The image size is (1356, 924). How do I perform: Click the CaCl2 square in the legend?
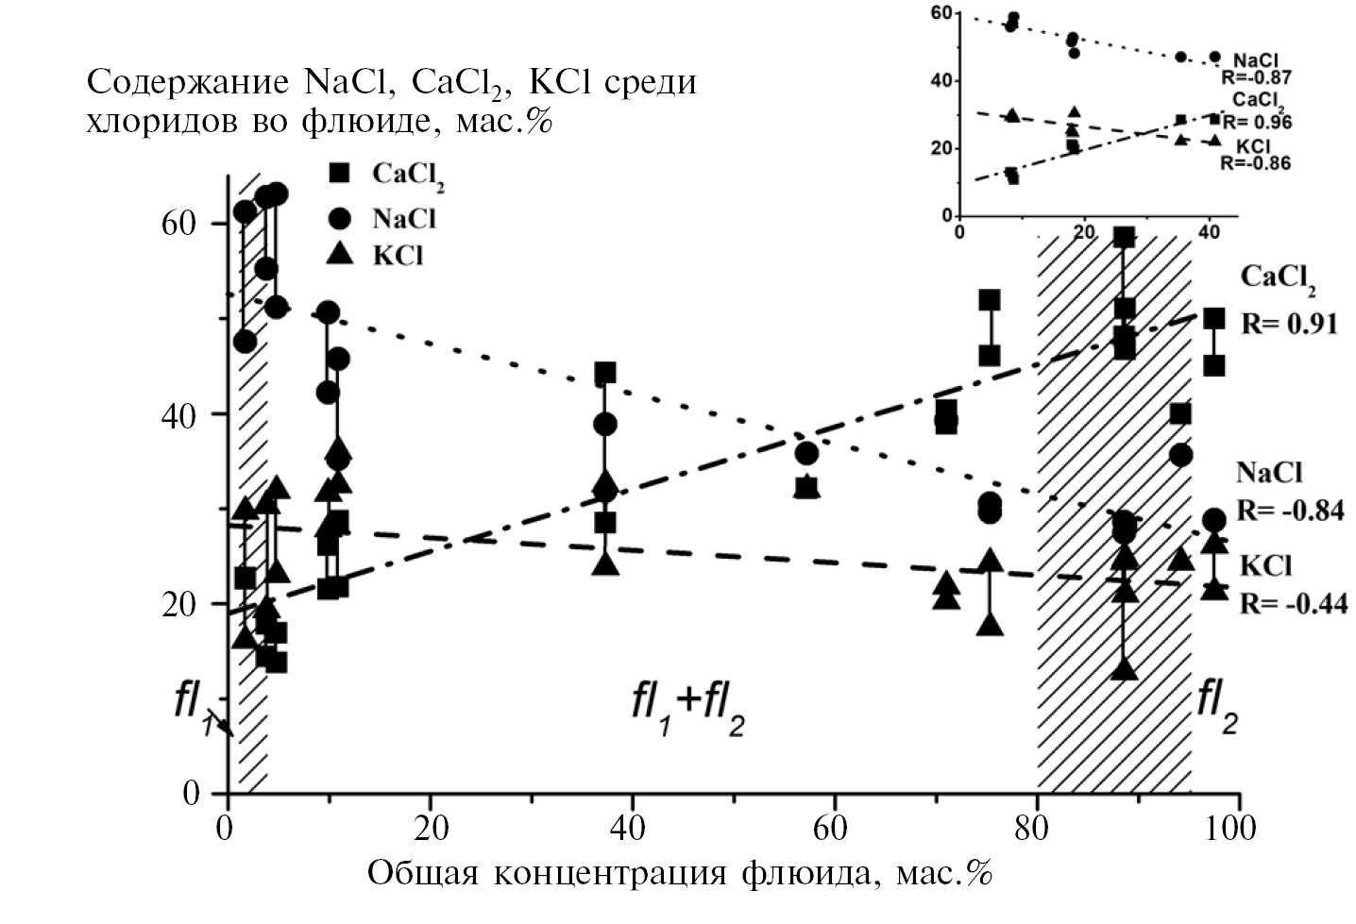pos(339,173)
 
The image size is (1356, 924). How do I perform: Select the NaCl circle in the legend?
pos(339,219)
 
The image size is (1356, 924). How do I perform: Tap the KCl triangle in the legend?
pos(339,254)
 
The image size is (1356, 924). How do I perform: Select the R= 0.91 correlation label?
pos(1289,324)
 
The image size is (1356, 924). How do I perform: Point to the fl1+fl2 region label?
pos(688,708)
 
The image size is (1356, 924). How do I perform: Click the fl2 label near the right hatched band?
pos(1217,706)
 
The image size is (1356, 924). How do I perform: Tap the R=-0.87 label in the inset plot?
pos(1255,78)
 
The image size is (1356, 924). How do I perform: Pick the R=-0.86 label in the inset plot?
pos(1255,162)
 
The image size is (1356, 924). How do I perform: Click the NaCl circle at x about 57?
pos(806,454)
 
